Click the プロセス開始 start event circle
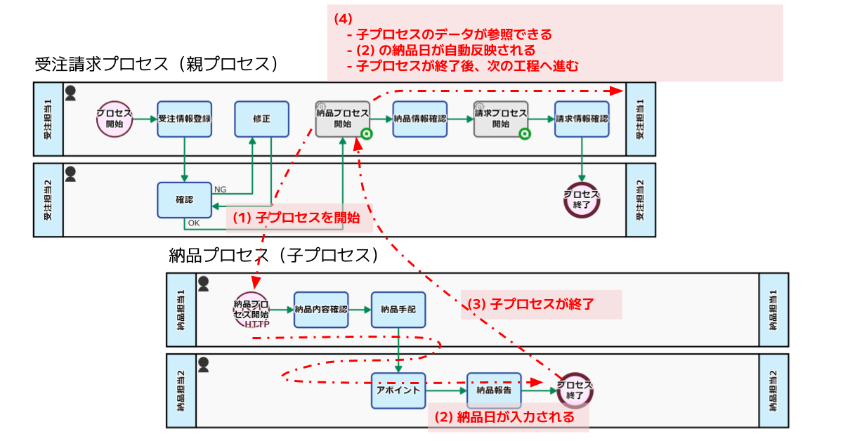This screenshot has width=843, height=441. [x=115, y=119]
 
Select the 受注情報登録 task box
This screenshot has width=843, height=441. [x=184, y=119]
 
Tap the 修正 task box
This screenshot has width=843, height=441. [x=261, y=119]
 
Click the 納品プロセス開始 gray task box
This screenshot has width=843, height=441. [x=342, y=119]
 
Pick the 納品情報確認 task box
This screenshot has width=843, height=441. [x=419, y=119]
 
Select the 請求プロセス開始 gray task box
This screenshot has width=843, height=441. [x=500, y=119]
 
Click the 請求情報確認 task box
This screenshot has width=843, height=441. [x=582, y=119]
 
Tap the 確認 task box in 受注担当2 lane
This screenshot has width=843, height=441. [x=184, y=200]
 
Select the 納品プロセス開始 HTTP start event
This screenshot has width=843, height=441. [x=251, y=310]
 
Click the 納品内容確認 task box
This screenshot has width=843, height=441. [x=321, y=310]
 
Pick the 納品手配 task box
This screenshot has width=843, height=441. [x=398, y=310]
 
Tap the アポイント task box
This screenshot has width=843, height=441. [x=398, y=390]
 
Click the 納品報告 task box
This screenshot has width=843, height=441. [x=493, y=390]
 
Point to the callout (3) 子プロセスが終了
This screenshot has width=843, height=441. [x=541, y=305]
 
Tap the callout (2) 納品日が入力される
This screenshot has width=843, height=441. [x=509, y=416]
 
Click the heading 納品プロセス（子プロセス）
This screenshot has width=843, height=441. [x=274, y=255]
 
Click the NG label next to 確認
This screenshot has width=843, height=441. [x=220, y=190]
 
